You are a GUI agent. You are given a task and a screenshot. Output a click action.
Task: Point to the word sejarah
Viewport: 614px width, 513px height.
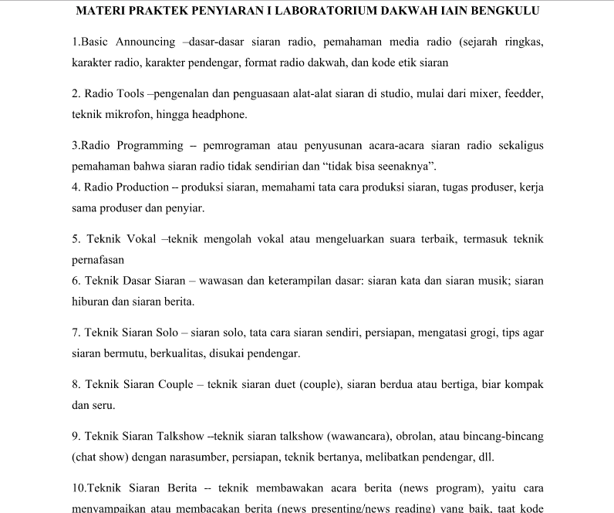tap(479, 41)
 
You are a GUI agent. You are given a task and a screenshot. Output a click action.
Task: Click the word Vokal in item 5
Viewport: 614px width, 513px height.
tap(143, 239)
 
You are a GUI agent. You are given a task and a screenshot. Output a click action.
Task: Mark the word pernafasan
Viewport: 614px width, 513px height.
tap(98, 260)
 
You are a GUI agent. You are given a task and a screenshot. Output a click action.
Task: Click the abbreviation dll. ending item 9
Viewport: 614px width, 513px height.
tap(485, 457)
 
